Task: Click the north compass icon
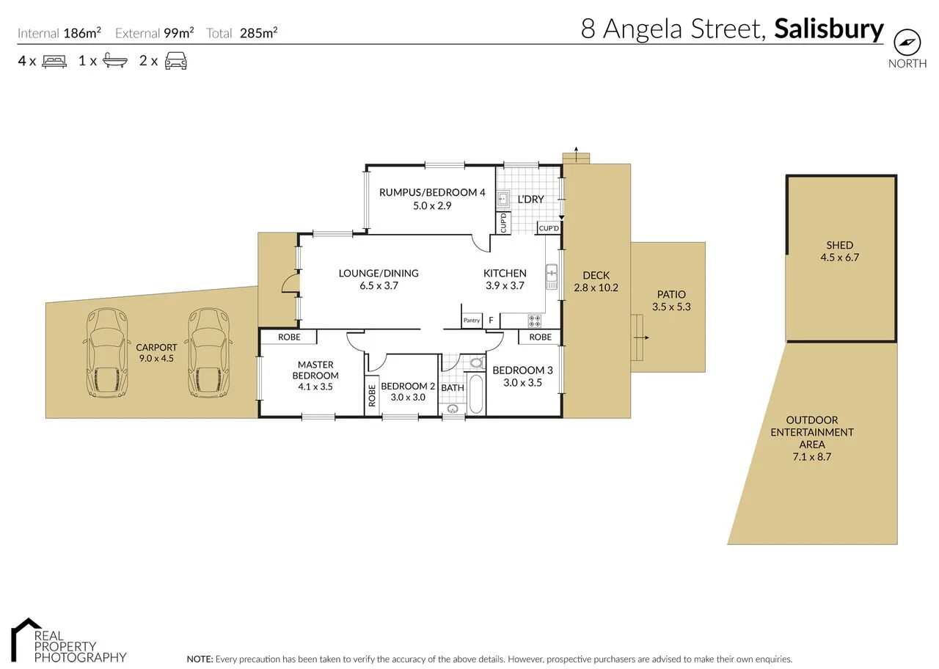[907, 41]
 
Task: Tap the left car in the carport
[107, 353]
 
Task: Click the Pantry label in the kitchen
[471, 321]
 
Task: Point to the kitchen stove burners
[534, 321]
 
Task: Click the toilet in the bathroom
[476, 363]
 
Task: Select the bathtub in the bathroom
[476, 395]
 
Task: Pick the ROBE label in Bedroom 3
[540, 337]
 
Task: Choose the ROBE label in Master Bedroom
[289, 337]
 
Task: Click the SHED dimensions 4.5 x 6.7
[838, 257]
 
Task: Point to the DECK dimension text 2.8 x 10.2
[596, 288]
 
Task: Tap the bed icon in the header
[54, 61]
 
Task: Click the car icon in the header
[175, 61]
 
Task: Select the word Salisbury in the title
[829, 29]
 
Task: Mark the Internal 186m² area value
[81, 33]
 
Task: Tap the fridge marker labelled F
[491, 321]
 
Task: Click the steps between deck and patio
[637, 337]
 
